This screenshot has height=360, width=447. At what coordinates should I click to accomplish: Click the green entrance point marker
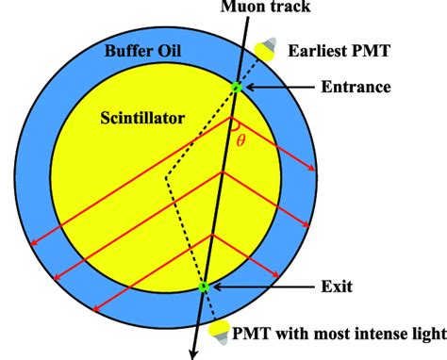pyautogui.click(x=239, y=89)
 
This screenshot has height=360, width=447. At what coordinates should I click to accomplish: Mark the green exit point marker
pyautogui.click(x=203, y=286)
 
